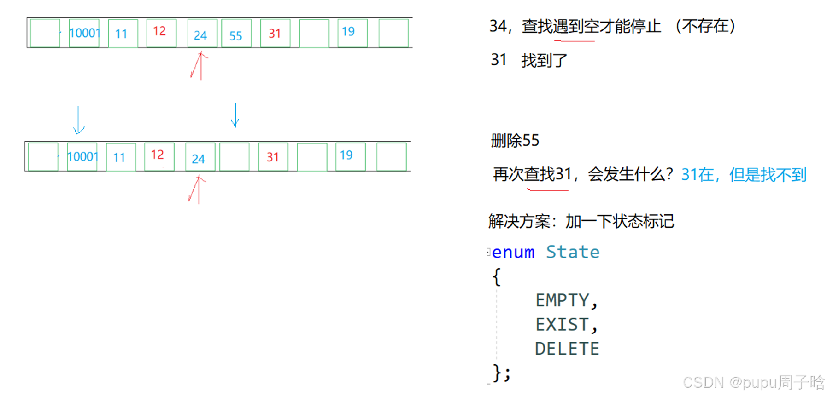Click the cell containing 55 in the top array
(x=236, y=34)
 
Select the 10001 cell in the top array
(x=84, y=33)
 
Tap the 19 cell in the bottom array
(x=350, y=156)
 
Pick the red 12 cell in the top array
(x=161, y=33)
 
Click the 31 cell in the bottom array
(x=273, y=157)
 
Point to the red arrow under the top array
(x=200, y=66)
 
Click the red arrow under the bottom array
(x=198, y=189)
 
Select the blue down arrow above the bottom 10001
(x=78, y=120)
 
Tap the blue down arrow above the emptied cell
(x=235, y=115)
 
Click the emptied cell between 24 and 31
(x=234, y=157)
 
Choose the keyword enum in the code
(x=513, y=252)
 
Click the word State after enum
(x=573, y=252)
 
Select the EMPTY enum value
(x=563, y=300)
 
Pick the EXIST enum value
(x=563, y=325)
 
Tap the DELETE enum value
(x=567, y=349)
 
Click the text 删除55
(x=515, y=140)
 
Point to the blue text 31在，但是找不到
(x=744, y=175)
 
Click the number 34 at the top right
(x=498, y=26)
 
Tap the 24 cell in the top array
(x=202, y=34)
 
